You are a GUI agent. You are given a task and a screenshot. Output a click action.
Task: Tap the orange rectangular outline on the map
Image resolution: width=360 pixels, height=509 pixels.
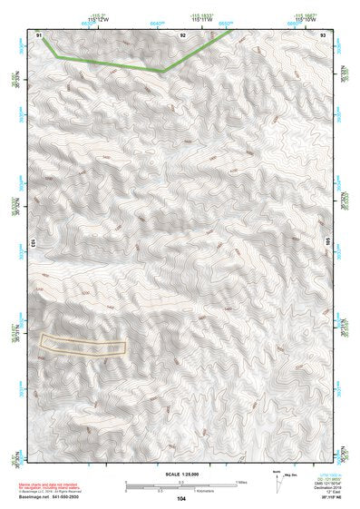tap(82, 344)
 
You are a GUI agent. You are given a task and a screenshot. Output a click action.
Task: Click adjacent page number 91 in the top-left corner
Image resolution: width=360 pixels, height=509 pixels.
tap(40, 35)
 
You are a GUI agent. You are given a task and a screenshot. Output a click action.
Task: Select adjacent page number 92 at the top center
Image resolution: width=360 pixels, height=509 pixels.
tap(183, 35)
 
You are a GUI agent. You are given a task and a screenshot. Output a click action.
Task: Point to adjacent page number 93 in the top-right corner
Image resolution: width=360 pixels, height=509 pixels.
tap(324, 35)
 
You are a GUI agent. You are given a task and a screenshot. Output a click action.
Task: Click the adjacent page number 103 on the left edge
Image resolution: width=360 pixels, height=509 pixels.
tap(33, 244)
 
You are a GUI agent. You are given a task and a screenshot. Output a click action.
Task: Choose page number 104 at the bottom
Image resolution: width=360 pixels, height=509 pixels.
tap(181, 499)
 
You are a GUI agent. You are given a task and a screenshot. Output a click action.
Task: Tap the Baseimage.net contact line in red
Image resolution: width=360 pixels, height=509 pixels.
tap(50, 498)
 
